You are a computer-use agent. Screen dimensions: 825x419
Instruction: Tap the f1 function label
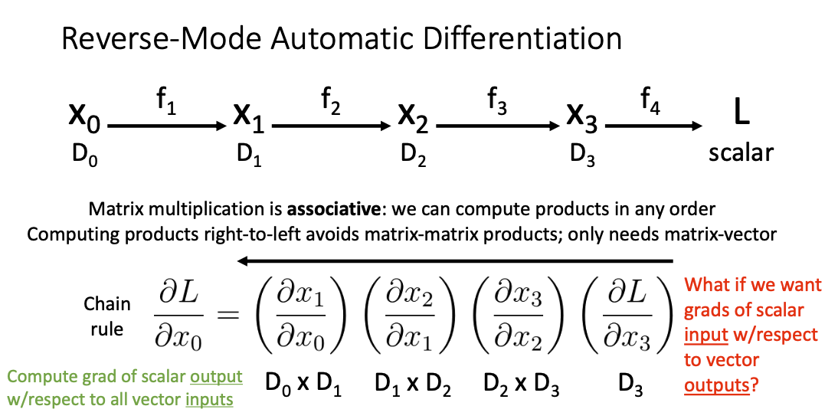click(x=167, y=100)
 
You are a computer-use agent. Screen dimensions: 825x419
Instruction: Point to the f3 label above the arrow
click(x=497, y=100)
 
